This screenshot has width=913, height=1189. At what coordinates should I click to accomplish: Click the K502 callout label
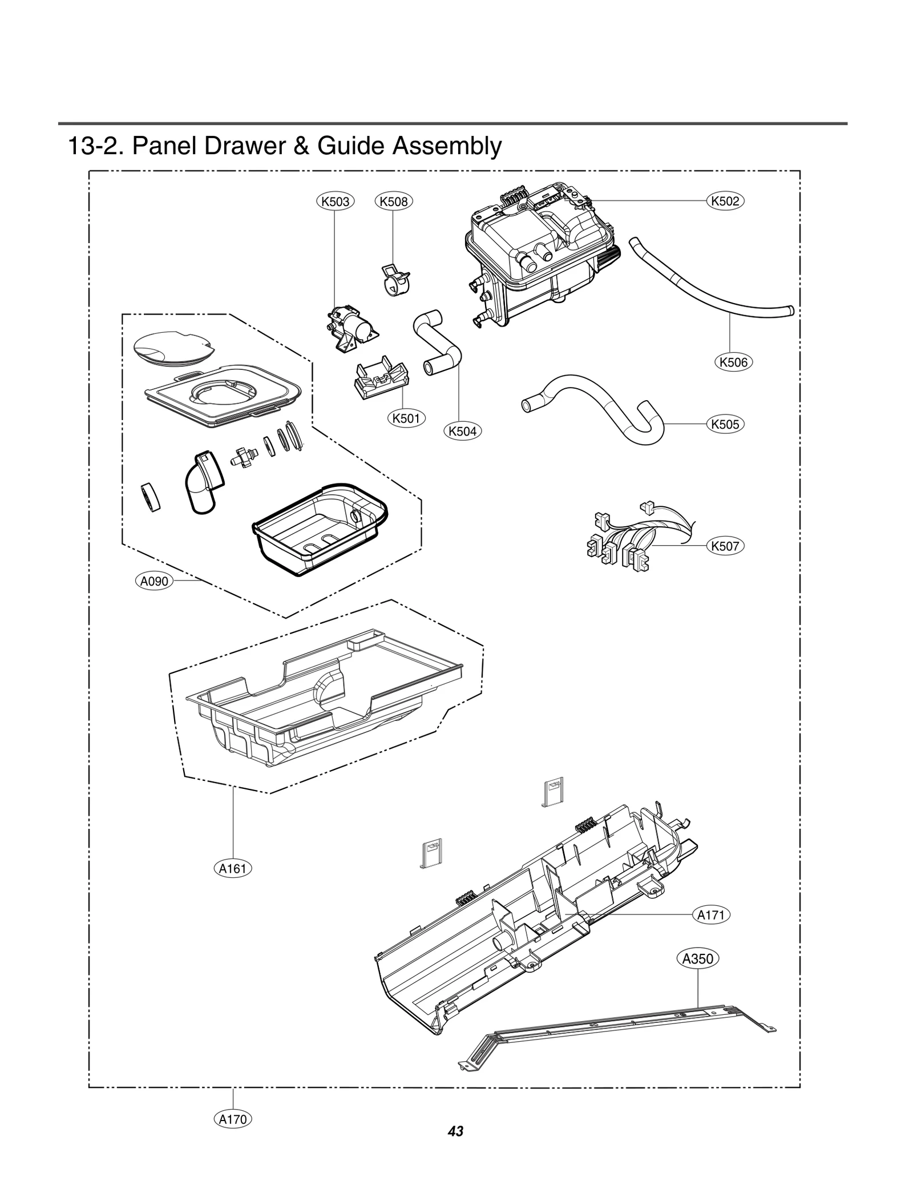[x=725, y=201]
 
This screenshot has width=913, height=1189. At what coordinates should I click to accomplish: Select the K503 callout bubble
[x=336, y=201]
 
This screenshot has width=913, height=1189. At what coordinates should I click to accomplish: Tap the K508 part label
[x=394, y=201]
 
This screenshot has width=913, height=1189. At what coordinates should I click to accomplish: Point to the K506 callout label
[x=733, y=362]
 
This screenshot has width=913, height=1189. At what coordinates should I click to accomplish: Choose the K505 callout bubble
[x=725, y=424]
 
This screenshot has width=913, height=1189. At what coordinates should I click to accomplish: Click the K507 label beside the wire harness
[x=725, y=546]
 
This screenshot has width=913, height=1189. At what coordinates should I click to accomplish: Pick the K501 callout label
[x=406, y=418]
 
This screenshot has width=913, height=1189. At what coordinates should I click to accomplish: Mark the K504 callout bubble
[x=462, y=431]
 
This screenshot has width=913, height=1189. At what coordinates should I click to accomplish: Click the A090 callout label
[x=154, y=581]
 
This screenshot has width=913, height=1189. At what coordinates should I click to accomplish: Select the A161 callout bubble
[x=233, y=868]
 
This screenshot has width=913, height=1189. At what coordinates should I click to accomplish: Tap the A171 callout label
[x=711, y=915]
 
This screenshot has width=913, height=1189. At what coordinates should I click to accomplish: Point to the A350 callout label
[x=698, y=958]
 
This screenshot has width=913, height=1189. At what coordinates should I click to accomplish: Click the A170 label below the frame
[x=233, y=1119]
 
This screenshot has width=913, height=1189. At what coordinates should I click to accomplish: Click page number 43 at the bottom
[x=455, y=1131]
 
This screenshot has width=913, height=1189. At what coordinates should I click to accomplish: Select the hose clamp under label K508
[x=394, y=279]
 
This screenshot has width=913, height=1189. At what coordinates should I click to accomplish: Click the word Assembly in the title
[x=446, y=146]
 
